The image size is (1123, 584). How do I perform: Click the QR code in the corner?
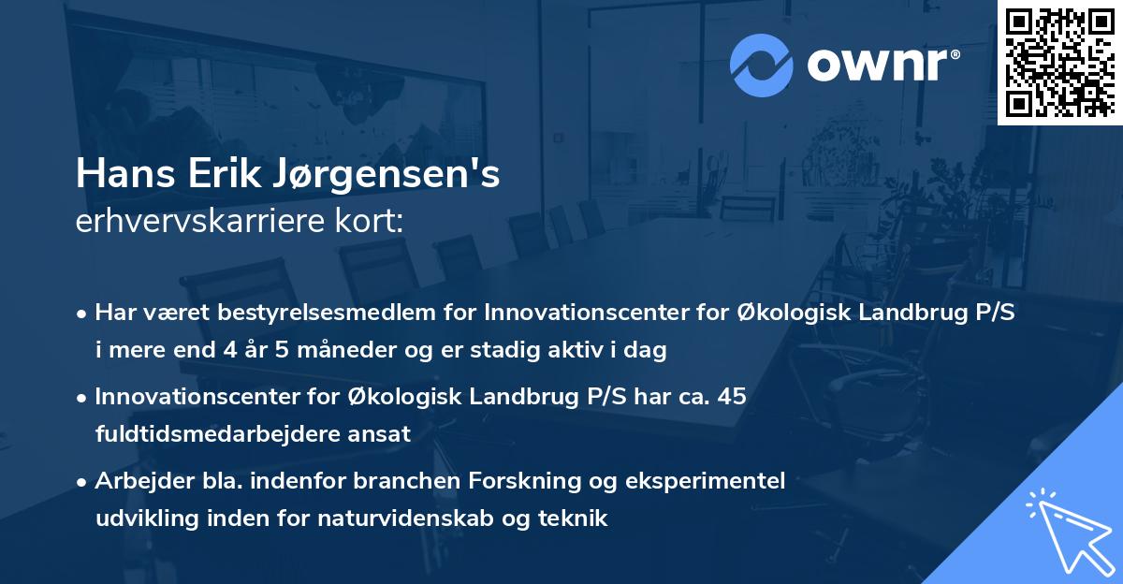click(1060, 62)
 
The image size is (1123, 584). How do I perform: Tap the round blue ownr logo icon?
click(762, 66)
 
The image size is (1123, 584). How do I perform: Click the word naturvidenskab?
click(423, 518)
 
